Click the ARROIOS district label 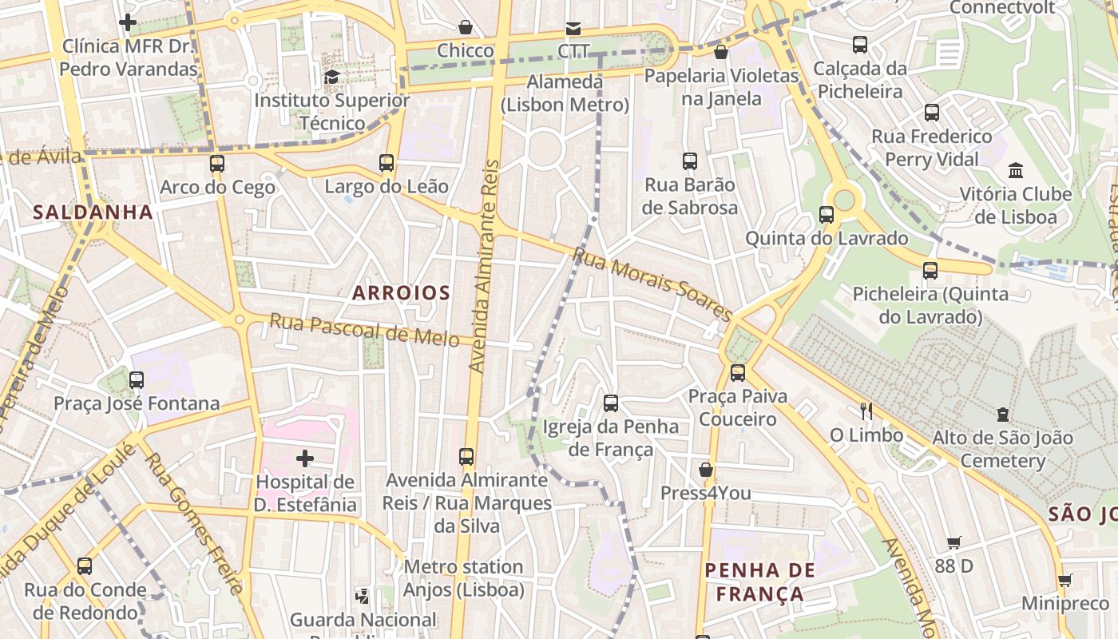[x=401, y=293]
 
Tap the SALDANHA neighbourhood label [x=93, y=212]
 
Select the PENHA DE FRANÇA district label [x=759, y=582]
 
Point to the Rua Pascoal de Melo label [x=364, y=329]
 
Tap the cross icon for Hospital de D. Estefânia [x=305, y=458]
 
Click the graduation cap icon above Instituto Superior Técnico [x=331, y=77]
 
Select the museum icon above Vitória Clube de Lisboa [x=1016, y=170]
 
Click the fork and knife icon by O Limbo [x=866, y=411]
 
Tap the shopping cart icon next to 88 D [x=954, y=543]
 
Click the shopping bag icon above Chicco [x=466, y=28]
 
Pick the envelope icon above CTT [x=573, y=29]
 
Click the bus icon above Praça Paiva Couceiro [x=738, y=372]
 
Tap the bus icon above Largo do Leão [x=387, y=163]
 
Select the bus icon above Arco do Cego [x=217, y=164]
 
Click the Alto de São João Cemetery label [x=1002, y=449]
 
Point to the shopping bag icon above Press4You [x=706, y=469]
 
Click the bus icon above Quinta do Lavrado [x=827, y=215]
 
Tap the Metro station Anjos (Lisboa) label [x=463, y=578]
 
